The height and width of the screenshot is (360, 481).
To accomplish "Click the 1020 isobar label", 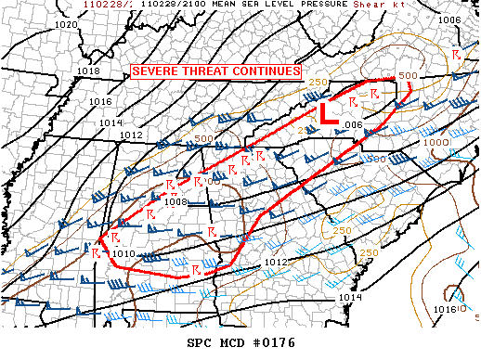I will (x=66, y=23).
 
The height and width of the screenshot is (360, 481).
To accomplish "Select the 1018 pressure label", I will (x=89, y=71).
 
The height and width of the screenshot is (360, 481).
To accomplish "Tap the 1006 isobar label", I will (x=448, y=19).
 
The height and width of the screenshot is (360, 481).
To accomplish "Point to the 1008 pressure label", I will (x=176, y=200).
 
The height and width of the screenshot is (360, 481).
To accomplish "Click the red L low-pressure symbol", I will (x=327, y=114).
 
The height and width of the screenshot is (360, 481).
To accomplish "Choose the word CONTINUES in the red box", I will (x=266, y=71).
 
